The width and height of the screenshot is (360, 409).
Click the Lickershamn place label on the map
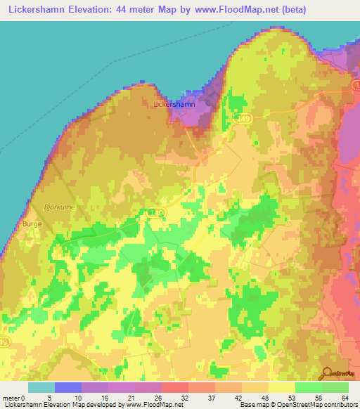point(172,104)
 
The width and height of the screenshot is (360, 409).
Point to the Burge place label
point(33,223)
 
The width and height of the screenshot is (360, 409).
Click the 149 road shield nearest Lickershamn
point(243,119)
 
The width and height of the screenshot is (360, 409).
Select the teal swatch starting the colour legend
point(41,387)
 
